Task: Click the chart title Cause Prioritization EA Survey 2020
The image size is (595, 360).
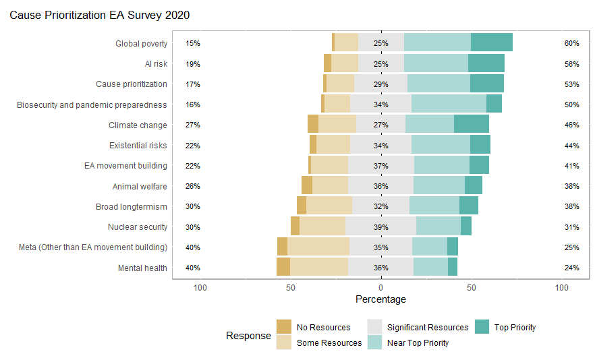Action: (x=99, y=14)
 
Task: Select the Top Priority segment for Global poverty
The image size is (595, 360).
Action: (x=492, y=42)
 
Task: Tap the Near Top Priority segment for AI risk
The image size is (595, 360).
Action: (x=436, y=63)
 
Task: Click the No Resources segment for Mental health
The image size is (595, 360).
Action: (x=283, y=268)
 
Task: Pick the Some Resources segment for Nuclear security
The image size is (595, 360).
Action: (x=322, y=227)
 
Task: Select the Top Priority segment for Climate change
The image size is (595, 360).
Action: (x=472, y=124)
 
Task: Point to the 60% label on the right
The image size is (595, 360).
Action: (x=571, y=43)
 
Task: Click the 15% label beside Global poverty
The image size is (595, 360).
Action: (x=193, y=43)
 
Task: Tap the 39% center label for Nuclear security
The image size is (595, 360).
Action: (x=381, y=227)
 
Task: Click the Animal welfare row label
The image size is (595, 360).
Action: (x=140, y=186)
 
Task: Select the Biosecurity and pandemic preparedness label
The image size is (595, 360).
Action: (x=92, y=104)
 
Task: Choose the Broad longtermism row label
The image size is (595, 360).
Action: (x=132, y=206)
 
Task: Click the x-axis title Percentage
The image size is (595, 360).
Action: (x=380, y=299)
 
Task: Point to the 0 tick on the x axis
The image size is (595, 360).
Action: (x=381, y=287)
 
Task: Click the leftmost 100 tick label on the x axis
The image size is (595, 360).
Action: (x=200, y=287)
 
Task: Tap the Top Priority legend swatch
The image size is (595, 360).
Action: (x=483, y=327)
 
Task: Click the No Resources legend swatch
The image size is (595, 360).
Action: (x=284, y=327)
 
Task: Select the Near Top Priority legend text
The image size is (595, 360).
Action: (x=418, y=342)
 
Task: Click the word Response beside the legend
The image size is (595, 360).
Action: (x=248, y=335)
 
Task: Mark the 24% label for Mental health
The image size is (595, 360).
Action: (x=571, y=268)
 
